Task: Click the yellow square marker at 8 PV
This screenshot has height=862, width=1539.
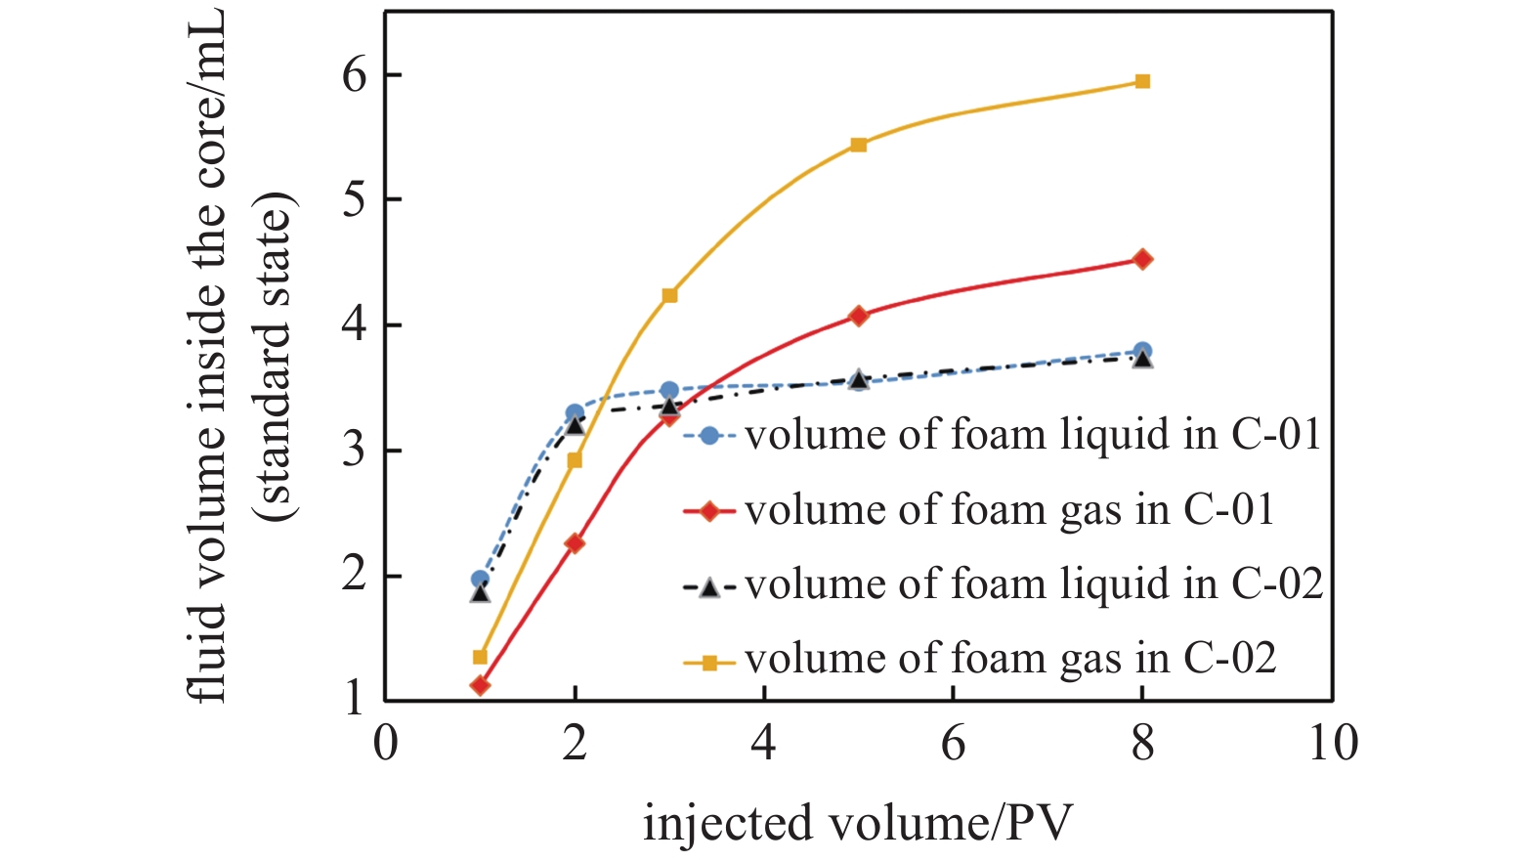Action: (1142, 81)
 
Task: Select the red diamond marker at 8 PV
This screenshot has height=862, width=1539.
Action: (1142, 259)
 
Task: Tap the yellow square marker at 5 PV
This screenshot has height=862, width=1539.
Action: (858, 145)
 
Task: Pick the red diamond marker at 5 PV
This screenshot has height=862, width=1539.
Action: (858, 316)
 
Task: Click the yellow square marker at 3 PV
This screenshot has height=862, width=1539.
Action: (669, 295)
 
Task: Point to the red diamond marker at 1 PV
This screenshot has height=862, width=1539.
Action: (480, 685)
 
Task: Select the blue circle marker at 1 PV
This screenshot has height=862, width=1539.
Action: (480, 579)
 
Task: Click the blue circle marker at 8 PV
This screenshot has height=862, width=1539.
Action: (1142, 351)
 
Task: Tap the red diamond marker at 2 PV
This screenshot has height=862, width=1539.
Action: (575, 543)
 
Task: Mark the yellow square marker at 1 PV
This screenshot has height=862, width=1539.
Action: (480, 657)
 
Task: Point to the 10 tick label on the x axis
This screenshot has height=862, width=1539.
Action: (1333, 744)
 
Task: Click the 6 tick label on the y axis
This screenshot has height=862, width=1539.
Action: (355, 76)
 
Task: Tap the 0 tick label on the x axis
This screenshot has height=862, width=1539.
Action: (386, 744)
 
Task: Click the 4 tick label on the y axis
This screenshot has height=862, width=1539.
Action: (355, 324)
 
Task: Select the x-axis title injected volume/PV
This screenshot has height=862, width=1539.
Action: (857, 823)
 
